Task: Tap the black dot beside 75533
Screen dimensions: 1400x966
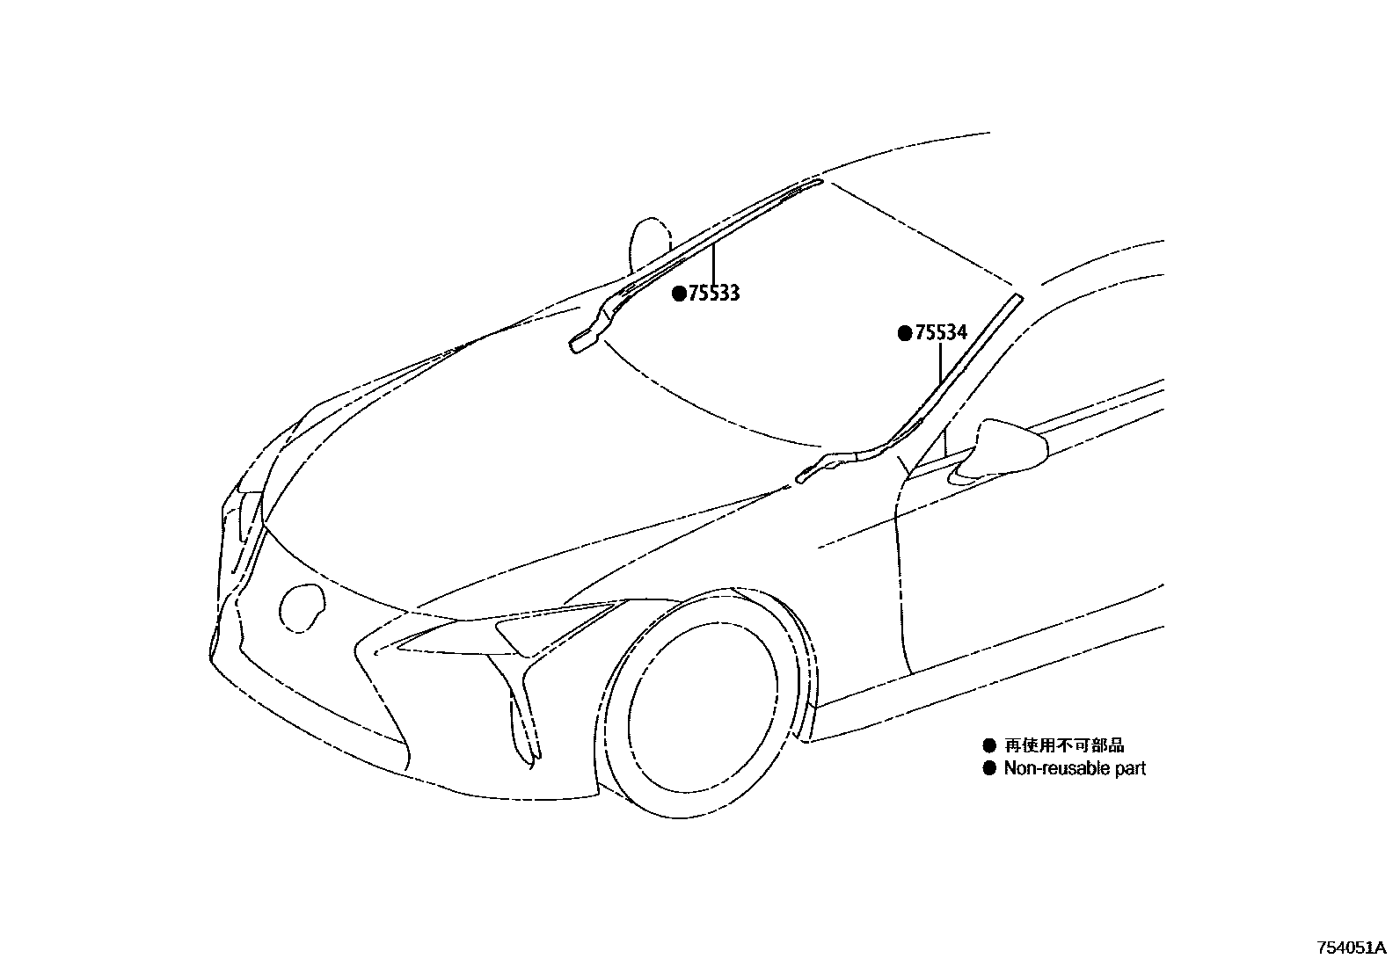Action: pos(679,294)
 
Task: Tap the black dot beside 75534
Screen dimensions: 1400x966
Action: pos(904,333)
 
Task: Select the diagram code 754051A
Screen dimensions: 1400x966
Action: pos(1351,948)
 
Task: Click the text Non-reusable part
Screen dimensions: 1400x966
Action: pos(1075,768)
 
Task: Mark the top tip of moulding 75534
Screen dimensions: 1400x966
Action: pos(1018,298)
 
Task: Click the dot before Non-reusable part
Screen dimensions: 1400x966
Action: pos(988,768)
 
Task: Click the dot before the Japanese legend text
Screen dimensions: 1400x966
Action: pos(988,745)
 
